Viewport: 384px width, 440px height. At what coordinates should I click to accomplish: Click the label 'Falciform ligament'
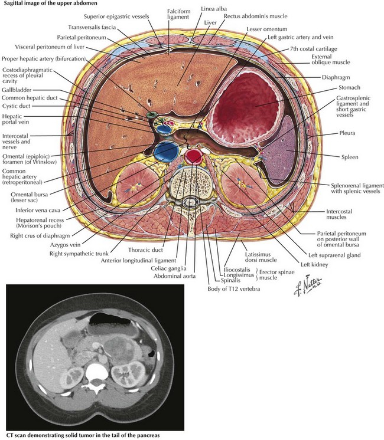[178, 14]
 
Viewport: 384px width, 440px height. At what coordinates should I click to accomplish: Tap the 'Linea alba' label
[214, 9]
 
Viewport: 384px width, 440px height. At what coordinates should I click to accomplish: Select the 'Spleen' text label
[350, 157]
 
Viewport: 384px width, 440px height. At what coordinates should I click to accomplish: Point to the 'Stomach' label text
[349, 87]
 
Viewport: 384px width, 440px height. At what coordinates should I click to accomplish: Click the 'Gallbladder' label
[17, 90]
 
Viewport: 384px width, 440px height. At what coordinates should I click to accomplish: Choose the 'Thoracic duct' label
[145, 249]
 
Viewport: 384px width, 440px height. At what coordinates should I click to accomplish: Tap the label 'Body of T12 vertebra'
[233, 289]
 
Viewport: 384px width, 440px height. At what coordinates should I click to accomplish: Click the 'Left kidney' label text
[314, 264]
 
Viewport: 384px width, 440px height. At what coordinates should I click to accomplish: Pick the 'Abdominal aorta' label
[174, 276]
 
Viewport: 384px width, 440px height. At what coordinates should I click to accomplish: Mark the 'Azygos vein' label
[65, 245]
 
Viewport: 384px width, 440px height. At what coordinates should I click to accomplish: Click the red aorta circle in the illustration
[194, 156]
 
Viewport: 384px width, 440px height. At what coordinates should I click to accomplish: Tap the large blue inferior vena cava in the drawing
[167, 152]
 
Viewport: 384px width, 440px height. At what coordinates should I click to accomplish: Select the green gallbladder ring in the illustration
[152, 114]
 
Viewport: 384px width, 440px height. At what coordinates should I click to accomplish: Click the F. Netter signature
[308, 286]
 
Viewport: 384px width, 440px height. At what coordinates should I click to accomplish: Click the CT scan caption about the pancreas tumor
[83, 435]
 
